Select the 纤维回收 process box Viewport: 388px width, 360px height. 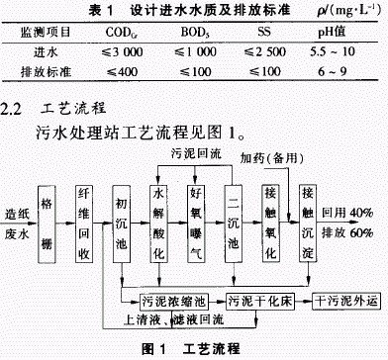(x=86, y=214)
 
